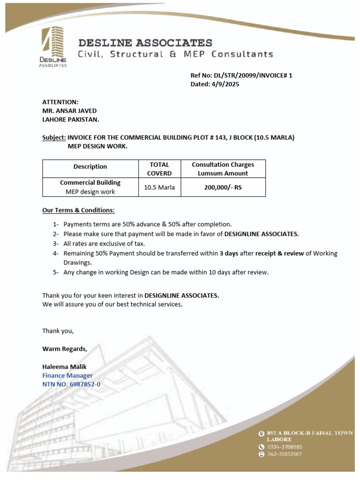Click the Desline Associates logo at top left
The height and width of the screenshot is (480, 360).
click(x=53, y=47)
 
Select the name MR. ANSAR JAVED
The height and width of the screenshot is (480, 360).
click(x=69, y=111)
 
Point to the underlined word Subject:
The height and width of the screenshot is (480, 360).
click(x=54, y=137)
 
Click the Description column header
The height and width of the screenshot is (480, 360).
click(x=90, y=166)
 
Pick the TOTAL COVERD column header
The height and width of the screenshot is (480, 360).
click(x=159, y=169)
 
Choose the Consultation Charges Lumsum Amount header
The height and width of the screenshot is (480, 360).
click(x=223, y=169)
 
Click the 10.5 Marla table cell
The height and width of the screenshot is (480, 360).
click(x=159, y=187)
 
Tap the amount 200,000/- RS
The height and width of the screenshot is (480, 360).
click(x=223, y=187)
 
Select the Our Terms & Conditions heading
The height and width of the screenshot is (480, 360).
click(x=78, y=210)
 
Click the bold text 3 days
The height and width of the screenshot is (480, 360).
click(x=229, y=254)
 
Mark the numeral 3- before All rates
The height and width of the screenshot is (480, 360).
click(x=56, y=244)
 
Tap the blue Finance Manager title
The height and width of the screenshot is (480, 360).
click(x=67, y=375)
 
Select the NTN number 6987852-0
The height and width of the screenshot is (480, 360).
click(x=84, y=384)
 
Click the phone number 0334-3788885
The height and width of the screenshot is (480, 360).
click(x=285, y=447)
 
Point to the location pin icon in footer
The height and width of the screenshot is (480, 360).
click(x=262, y=434)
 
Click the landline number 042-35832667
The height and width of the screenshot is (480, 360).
click(x=285, y=454)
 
